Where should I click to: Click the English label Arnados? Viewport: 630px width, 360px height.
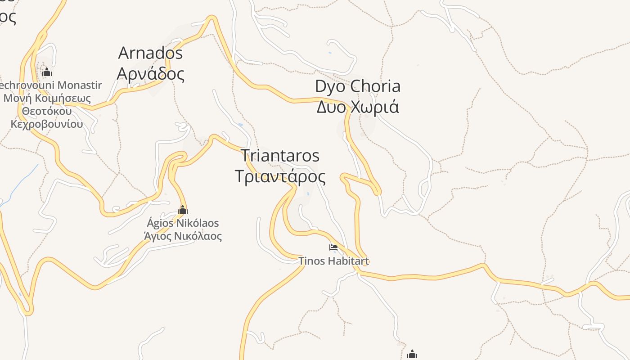(150, 53)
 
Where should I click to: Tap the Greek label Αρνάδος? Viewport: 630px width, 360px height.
(150, 74)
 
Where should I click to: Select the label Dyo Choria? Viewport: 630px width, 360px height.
(357, 86)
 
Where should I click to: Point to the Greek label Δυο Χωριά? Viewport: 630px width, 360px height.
(357, 107)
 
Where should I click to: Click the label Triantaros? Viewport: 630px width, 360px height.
(280, 156)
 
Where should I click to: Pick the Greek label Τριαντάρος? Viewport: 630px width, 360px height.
(280, 176)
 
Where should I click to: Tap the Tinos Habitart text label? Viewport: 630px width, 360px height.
(333, 261)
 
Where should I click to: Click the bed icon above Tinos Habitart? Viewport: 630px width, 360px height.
(333, 247)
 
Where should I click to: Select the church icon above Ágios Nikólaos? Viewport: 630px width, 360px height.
(183, 210)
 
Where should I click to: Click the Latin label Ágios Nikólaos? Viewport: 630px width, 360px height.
(183, 223)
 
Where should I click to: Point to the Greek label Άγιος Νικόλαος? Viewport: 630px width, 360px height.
(183, 236)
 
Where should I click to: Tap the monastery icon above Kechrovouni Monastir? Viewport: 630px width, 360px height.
(47, 72)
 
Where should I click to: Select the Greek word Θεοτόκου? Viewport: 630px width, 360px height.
(47, 111)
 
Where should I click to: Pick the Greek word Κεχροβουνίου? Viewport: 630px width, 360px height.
(47, 124)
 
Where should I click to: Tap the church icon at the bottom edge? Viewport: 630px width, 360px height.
(412, 355)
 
